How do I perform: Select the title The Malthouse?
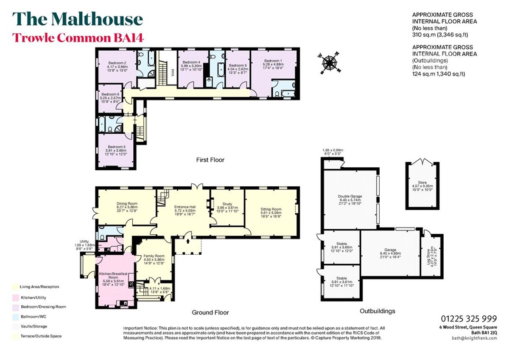(x=78, y=19)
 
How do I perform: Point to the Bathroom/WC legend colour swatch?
(x=15, y=316)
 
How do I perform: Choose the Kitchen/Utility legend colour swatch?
(x=15, y=297)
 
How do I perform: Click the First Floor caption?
(x=210, y=160)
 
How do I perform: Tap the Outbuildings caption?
(x=377, y=311)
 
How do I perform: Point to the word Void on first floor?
(x=172, y=72)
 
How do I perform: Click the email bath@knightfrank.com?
(x=474, y=338)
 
